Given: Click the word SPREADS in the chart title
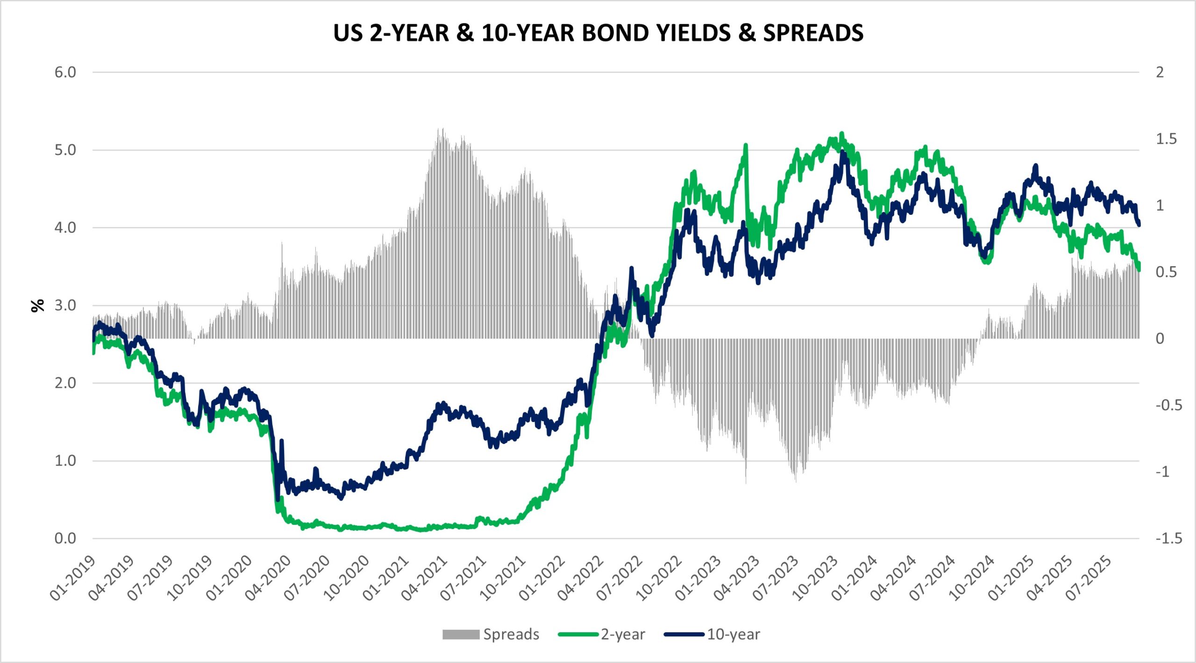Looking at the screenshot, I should (813, 33).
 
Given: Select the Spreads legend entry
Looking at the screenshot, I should (491, 634).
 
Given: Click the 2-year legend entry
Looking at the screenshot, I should (603, 634).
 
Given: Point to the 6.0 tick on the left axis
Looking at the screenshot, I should (65, 72).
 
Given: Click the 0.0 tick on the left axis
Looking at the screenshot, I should (65, 538).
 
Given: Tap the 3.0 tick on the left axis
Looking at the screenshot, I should (65, 305).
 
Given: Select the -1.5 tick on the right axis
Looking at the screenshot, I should (1169, 538).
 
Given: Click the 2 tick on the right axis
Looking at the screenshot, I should (1160, 72).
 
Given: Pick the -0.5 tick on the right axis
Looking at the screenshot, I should (1169, 405).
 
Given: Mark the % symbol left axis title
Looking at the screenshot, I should (37, 305).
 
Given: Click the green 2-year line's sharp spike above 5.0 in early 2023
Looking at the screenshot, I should (746, 145).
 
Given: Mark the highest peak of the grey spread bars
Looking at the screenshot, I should (442, 130).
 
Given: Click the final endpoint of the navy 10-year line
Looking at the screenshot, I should (1139, 225).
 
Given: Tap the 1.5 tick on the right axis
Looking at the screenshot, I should (1166, 139).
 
